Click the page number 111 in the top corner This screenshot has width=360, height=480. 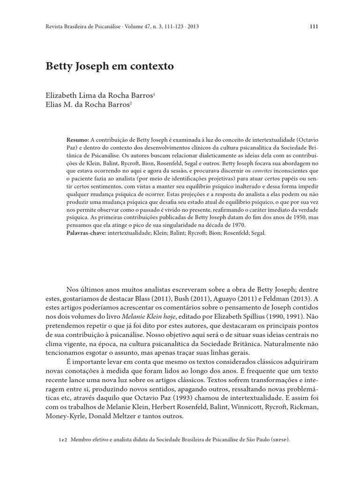[x=314, y=26]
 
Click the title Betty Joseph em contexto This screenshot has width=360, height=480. [x=109, y=66]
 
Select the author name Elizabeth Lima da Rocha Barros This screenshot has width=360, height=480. [x=99, y=95]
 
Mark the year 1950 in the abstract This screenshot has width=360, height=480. [x=298, y=217]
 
